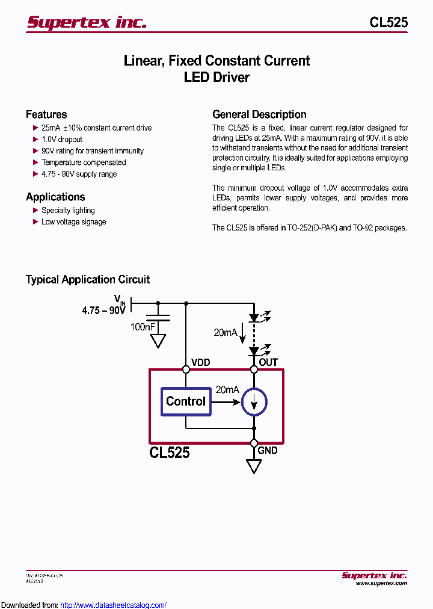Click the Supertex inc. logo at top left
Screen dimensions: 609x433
click(x=87, y=22)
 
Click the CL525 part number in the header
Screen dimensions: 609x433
click(x=388, y=22)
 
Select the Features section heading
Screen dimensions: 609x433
click(x=46, y=114)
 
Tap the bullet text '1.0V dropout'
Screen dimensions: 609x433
click(x=62, y=140)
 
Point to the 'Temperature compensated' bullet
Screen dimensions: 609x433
click(x=84, y=162)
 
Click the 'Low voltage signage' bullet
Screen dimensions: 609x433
click(x=73, y=222)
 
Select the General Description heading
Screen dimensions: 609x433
click(x=259, y=114)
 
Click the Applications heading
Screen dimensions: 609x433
click(x=55, y=197)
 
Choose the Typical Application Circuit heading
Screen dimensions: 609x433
click(x=88, y=279)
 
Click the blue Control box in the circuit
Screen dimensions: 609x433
click(x=186, y=401)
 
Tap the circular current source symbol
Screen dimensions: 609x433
click(x=254, y=402)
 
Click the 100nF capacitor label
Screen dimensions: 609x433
click(x=143, y=327)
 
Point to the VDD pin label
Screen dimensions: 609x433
click(x=201, y=362)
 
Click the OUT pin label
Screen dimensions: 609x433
click(x=268, y=362)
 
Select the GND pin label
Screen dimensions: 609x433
click(x=268, y=450)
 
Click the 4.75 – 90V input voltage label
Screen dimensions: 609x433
click(x=103, y=311)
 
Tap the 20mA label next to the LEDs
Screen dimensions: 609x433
click(x=226, y=332)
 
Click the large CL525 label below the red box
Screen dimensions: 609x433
click(x=170, y=453)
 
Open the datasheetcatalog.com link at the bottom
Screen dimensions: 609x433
click(x=114, y=605)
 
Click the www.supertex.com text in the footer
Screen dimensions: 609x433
click(x=381, y=583)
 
